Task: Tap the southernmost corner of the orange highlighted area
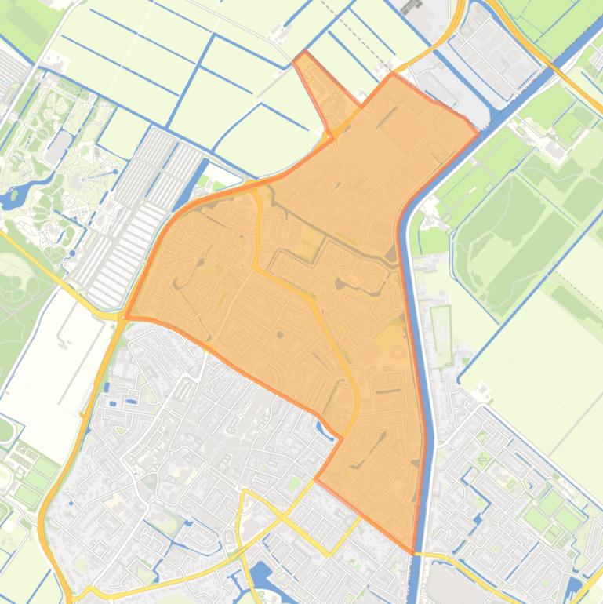414,552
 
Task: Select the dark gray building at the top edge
411,9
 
